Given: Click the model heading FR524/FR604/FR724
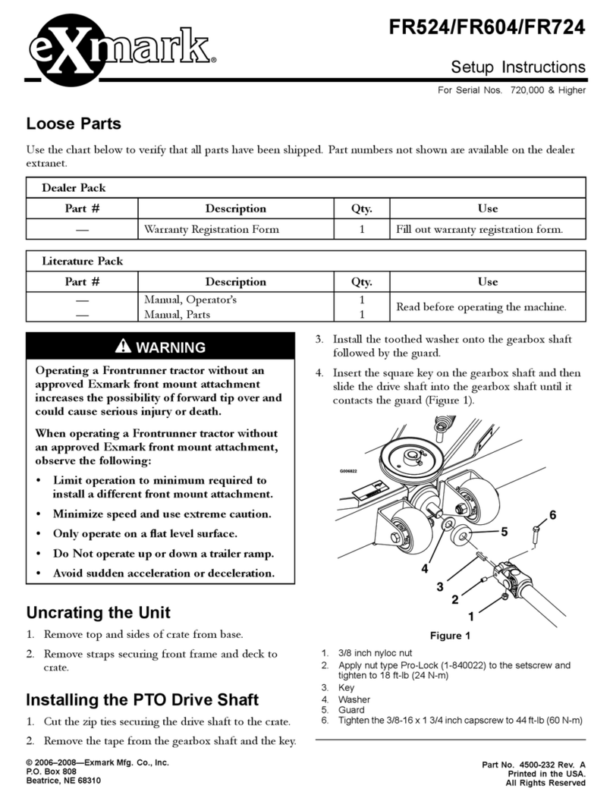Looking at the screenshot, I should pos(486,28).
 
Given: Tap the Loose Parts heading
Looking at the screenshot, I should pos(74,124).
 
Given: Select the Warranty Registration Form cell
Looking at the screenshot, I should pos(212,229).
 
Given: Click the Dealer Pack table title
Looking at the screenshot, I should pos(74,187).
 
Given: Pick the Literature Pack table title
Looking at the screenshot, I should pos(82,261).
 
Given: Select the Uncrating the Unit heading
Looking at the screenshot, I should pos(99,612).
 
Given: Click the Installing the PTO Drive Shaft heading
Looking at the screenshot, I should pos(143,699).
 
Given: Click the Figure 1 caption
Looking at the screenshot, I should pos(450,636).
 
